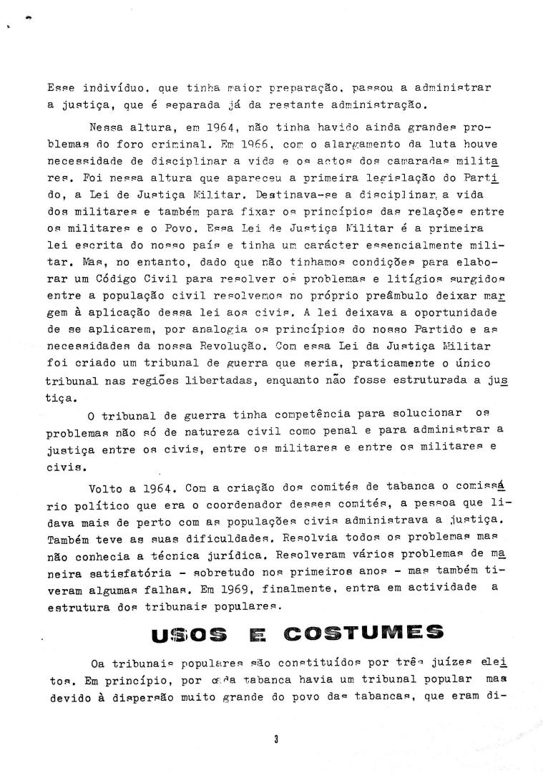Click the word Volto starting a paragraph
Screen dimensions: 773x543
(105, 490)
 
